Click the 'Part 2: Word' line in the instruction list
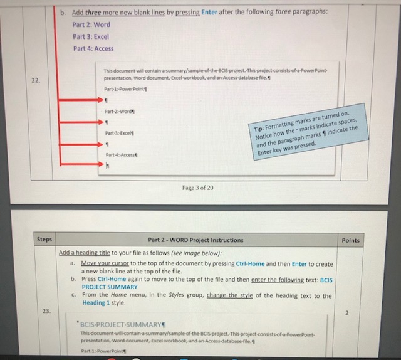(91, 25)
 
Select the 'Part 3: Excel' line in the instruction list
(91, 37)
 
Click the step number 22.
(36, 80)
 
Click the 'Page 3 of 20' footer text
(197, 188)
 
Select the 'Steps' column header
(44, 240)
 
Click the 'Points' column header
(351, 240)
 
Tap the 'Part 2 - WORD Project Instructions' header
(195, 240)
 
